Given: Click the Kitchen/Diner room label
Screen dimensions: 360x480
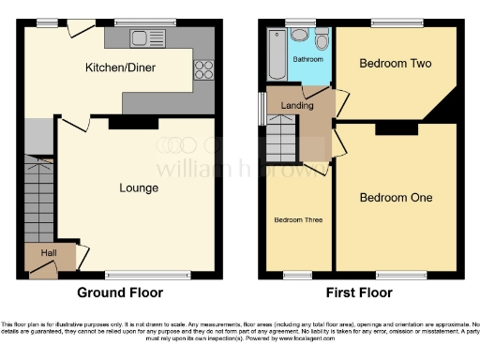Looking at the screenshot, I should pyautogui.click(x=120, y=67).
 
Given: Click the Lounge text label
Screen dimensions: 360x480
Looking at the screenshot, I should pyautogui.click(x=138, y=187).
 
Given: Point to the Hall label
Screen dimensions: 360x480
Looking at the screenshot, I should pyautogui.click(x=49, y=252).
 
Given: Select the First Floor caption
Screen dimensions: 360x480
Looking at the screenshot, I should pyautogui.click(x=360, y=292).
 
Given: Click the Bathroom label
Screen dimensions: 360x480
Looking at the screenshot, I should pyautogui.click(x=307, y=58).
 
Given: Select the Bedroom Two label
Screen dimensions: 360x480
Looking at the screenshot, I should pyautogui.click(x=395, y=64).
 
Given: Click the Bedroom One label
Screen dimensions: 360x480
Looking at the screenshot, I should pyautogui.click(x=396, y=198).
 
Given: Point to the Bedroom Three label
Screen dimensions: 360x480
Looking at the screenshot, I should pyautogui.click(x=298, y=219).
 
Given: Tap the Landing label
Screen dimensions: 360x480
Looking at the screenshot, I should pyautogui.click(x=297, y=106).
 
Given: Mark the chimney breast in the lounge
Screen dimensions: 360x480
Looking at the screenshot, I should pyautogui.click(x=122, y=123).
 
